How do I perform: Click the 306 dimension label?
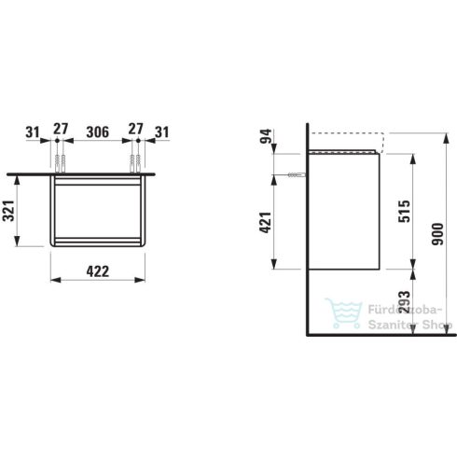[98, 132]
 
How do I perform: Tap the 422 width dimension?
[98, 271]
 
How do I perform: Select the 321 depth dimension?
[8, 211]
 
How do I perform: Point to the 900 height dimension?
[437, 234]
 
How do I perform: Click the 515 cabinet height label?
[405, 212]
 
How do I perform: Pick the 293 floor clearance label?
[405, 302]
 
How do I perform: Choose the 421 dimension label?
[266, 223]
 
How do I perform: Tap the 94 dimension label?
[266, 136]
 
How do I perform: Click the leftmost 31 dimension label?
[33, 132]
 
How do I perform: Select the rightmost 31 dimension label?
[162, 132]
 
